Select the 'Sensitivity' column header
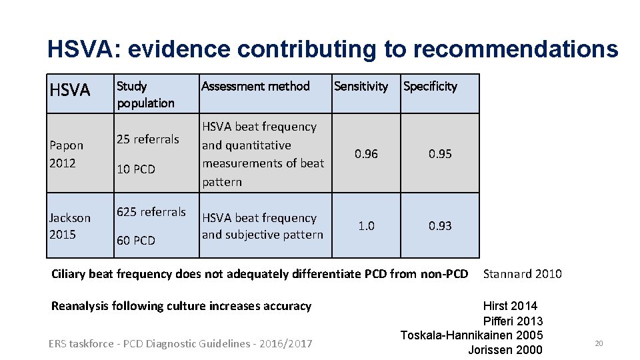[361, 86]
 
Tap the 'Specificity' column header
[430, 86]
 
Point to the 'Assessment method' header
[255, 86]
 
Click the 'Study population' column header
[145, 94]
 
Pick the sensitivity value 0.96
[366, 154]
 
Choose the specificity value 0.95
[440, 154]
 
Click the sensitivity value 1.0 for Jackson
[366, 226]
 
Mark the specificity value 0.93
[440, 226]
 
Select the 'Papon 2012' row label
[67, 154]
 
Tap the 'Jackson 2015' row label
[70, 226]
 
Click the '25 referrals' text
[148, 139]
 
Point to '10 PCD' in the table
[136, 169]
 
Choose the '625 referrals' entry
[151, 212]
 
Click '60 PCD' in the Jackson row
[136, 241]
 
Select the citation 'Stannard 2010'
[522, 274]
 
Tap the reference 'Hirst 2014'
[510, 306]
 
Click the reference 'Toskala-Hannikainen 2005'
[471, 335]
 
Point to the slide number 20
[598, 343]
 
